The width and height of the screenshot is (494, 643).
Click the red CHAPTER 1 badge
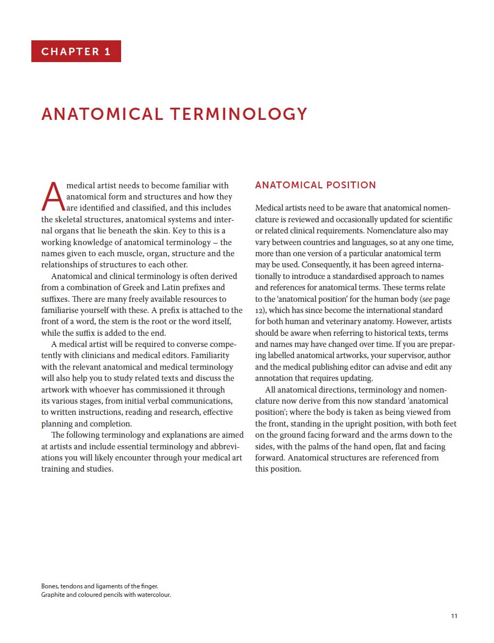click(76, 51)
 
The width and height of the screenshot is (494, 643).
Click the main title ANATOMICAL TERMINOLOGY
click(174, 114)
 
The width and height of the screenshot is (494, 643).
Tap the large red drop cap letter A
click(53, 196)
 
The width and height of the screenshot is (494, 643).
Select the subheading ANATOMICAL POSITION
click(316, 185)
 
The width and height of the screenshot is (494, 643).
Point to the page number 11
click(454, 616)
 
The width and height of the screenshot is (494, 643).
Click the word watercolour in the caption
click(155, 595)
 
